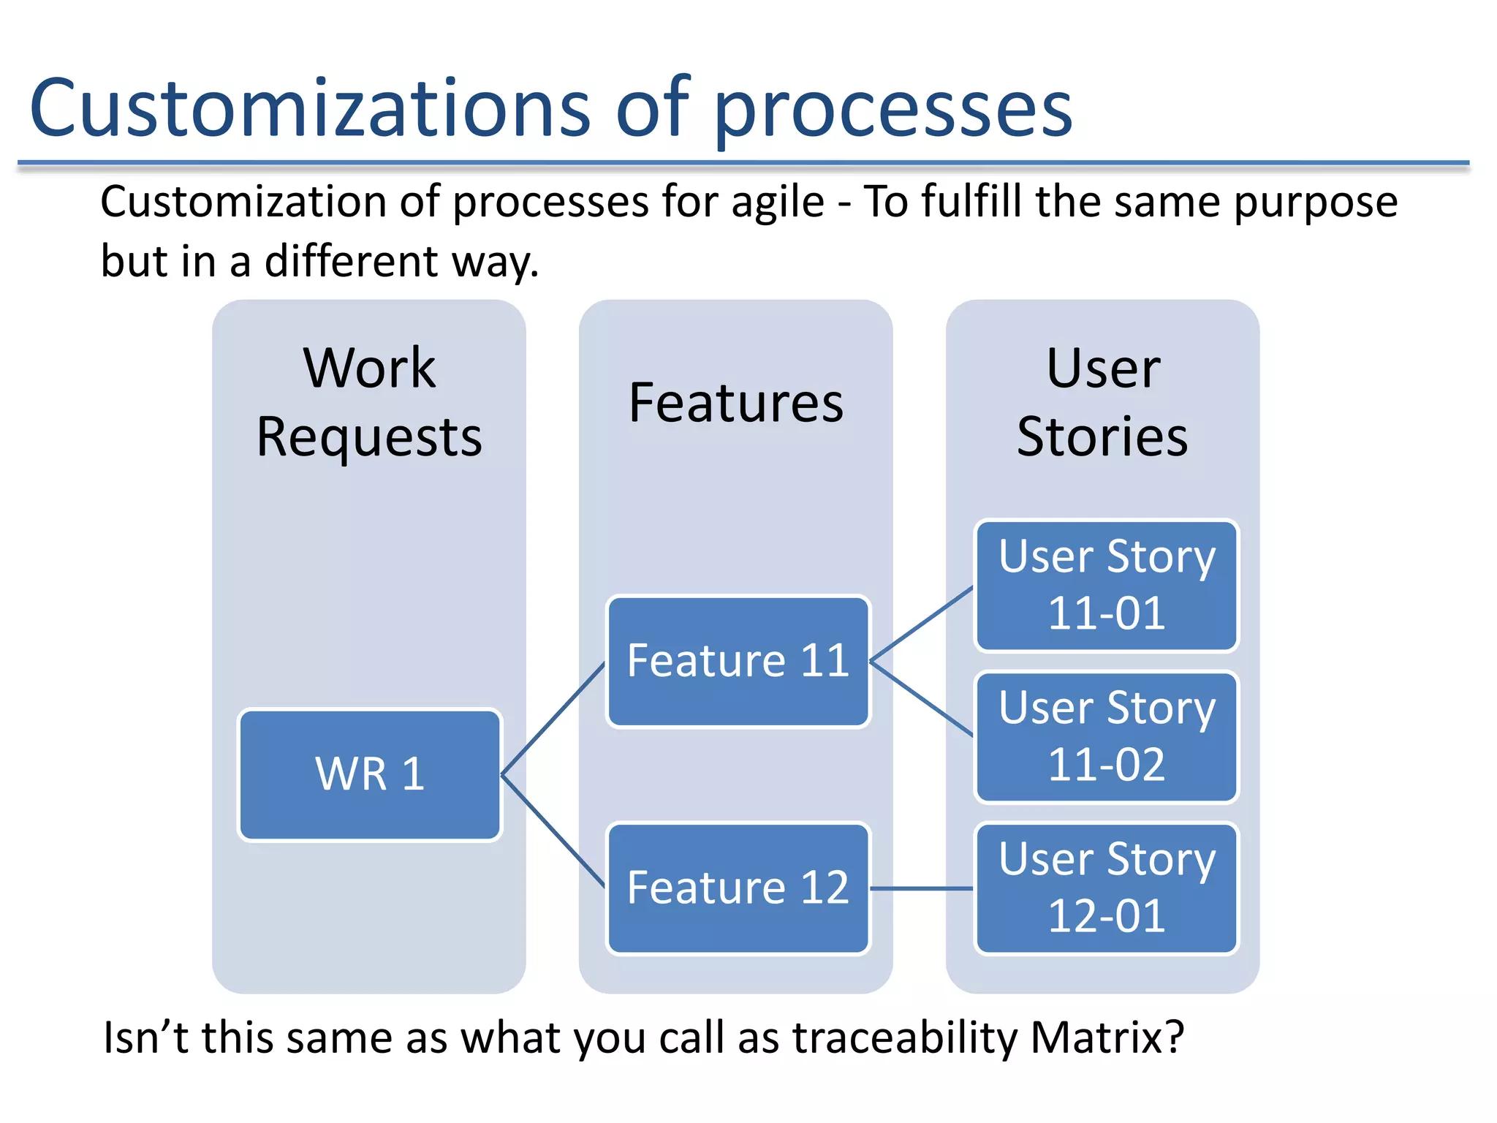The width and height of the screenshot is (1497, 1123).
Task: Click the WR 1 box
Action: [x=370, y=774]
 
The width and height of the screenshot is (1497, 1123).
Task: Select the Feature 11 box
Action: [x=738, y=661]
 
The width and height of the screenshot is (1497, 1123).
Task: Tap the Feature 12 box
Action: [x=738, y=888]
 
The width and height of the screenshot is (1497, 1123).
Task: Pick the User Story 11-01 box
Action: [x=1107, y=585]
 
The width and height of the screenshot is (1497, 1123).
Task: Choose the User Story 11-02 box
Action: [x=1107, y=736]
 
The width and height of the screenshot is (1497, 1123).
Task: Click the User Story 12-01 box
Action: [x=1107, y=888]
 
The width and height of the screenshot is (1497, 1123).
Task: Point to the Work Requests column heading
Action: [x=370, y=402]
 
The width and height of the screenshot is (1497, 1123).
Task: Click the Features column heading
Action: [x=736, y=404]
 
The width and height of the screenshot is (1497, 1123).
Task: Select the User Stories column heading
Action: [x=1103, y=402]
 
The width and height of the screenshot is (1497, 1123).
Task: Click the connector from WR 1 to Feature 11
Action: [x=553, y=719]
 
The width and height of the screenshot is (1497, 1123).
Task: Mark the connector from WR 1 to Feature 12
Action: [x=553, y=831]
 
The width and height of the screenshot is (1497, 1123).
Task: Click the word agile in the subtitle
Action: [x=777, y=203]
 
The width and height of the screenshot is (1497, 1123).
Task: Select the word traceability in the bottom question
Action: [x=905, y=1037]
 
